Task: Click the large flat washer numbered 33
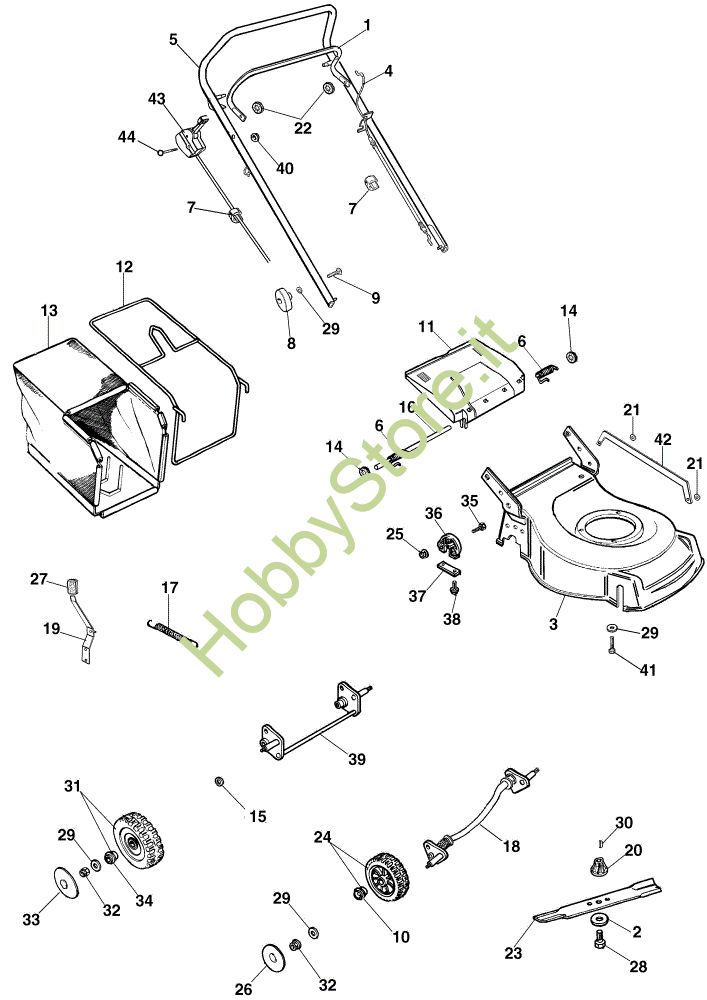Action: click(67, 882)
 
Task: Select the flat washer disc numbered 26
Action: click(271, 957)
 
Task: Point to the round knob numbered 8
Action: click(278, 301)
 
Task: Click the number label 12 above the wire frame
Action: click(124, 267)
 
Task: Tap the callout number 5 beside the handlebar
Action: click(174, 40)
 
